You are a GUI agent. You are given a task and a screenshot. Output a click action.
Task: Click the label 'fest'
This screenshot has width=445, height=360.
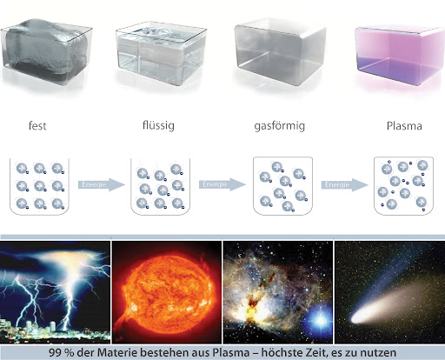[x=37, y=126]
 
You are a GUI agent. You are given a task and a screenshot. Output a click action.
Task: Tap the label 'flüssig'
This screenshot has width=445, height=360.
[x=158, y=125]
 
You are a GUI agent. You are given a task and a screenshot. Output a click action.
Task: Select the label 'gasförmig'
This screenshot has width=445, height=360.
[x=280, y=126]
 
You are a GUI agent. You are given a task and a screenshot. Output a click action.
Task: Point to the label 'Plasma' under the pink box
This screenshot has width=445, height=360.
[x=404, y=126]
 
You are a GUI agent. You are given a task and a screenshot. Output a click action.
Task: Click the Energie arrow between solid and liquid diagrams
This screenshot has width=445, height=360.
[x=102, y=184]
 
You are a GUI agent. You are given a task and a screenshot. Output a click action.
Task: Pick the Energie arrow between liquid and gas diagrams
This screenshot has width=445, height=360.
[x=222, y=184]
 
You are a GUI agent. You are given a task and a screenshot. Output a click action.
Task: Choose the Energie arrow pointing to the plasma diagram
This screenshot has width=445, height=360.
[x=344, y=185]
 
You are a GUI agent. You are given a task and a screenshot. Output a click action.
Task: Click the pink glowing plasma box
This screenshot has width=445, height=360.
[x=400, y=55]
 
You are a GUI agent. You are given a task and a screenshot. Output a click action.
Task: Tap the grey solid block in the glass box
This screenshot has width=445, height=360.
[x=46, y=50]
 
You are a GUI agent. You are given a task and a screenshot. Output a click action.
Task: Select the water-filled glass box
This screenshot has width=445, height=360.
[x=161, y=53]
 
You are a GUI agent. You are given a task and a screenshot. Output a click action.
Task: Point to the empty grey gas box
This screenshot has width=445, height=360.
[x=281, y=51]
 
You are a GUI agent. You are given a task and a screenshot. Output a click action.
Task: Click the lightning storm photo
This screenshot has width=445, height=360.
[x=55, y=292]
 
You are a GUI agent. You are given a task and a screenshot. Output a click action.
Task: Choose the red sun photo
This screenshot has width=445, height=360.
[x=167, y=292]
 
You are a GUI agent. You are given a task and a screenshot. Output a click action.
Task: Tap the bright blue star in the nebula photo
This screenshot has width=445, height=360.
[x=320, y=320]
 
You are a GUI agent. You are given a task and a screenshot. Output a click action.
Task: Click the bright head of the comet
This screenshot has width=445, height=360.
[x=357, y=319]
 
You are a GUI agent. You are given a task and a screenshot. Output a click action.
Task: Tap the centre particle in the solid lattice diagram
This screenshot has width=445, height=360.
[x=40, y=186]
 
